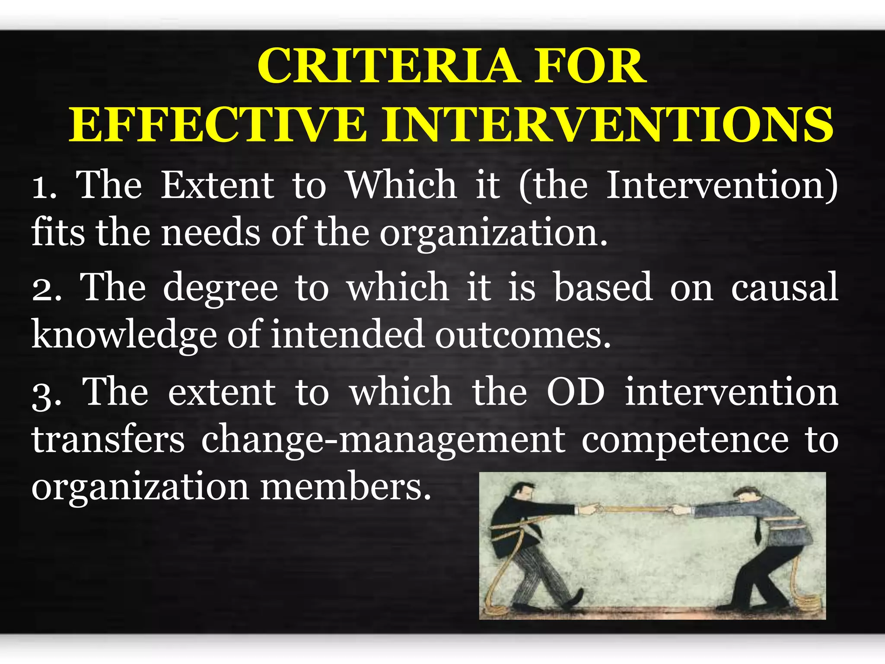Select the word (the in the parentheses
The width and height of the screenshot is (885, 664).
pos(553,186)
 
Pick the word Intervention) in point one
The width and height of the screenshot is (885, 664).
pos(722,186)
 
